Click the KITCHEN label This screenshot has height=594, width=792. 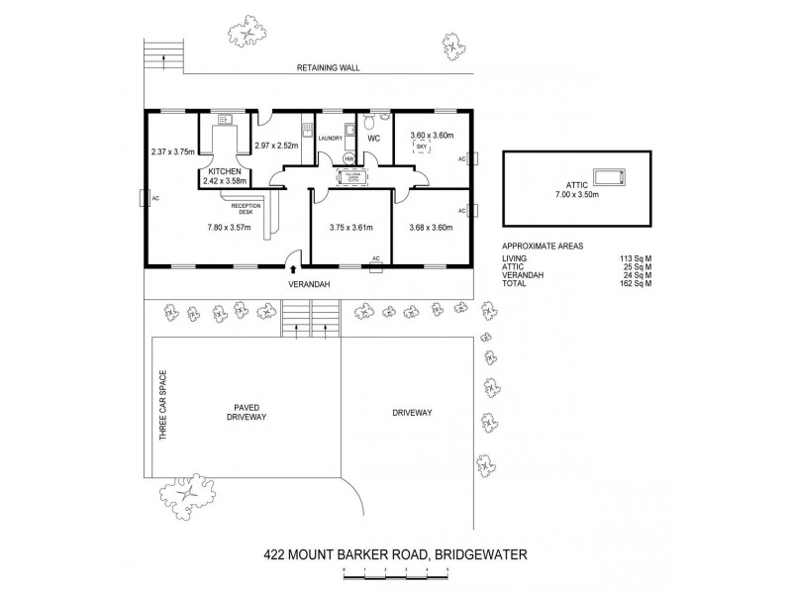tap(224, 172)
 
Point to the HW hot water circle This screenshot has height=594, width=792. tap(348, 158)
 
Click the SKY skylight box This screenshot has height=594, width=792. tap(421, 147)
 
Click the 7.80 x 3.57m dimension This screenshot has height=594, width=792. tap(229, 228)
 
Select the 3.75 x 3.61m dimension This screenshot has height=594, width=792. tap(351, 228)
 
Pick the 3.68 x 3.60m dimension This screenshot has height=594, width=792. tap(431, 228)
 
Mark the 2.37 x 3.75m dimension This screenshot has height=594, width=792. tap(173, 151)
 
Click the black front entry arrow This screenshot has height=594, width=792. tap(292, 267)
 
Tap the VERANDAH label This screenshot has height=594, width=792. tap(310, 285)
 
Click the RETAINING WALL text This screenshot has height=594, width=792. tap(329, 69)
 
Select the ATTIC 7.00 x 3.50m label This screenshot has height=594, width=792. tap(576, 189)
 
